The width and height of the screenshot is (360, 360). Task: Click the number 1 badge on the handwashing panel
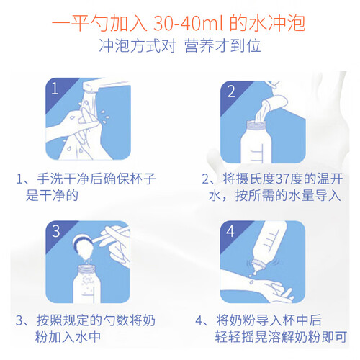[x=55, y=89]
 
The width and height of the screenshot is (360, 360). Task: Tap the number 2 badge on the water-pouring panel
[x=231, y=91]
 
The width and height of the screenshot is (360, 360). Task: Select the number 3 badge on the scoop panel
[x=56, y=231]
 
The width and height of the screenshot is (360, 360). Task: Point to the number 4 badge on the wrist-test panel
[x=230, y=231]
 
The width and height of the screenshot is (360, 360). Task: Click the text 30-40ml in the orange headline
[x=189, y=23]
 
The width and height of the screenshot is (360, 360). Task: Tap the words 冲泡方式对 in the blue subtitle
[x=138, y=45]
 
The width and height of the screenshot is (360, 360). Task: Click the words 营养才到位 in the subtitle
[x=222, y=45]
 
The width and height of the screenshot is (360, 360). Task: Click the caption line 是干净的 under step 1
[x=52, y=195]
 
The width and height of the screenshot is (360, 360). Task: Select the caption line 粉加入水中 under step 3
[x=68, y=336]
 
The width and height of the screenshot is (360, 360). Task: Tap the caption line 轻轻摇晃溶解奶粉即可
[x=281, y=336]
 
